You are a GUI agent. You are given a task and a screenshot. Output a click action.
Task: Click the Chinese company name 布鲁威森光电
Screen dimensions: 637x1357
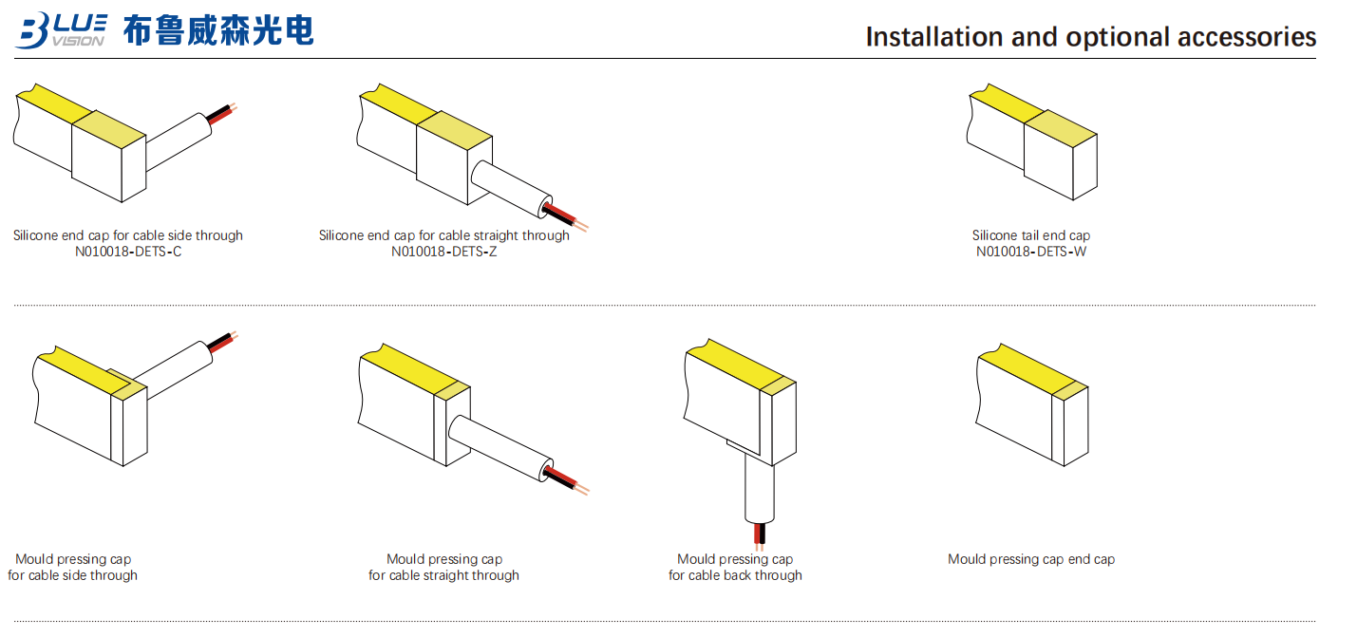(x=218, y=30)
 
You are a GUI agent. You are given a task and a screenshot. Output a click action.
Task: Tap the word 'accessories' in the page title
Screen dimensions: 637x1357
(x=1246, y=37)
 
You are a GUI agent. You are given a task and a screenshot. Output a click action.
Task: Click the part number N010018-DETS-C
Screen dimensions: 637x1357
(x=128, y=252)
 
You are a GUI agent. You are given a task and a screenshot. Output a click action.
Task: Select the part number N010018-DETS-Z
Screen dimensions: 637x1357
(x=443, y=252)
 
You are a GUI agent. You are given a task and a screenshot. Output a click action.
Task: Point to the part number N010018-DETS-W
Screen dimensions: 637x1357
(x=1031, y=252)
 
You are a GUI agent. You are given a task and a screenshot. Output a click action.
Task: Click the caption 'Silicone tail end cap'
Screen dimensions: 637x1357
(x=1031, y=235)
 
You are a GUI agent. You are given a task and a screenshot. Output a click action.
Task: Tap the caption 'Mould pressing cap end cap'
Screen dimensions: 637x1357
(x=1031, y=559)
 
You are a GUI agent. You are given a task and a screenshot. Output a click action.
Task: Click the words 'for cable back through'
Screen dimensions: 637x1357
(x=735, y=575)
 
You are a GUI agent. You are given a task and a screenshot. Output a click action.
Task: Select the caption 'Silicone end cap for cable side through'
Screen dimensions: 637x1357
(x=128, y=235)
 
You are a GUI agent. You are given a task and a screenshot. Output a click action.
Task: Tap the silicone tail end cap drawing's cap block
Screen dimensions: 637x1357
(x=1061, y=161)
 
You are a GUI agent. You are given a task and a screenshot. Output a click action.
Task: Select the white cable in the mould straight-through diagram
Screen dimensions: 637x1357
(x=499, y=446)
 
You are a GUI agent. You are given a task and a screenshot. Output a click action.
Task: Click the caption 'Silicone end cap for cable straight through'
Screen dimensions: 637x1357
(x=443, y=235)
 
